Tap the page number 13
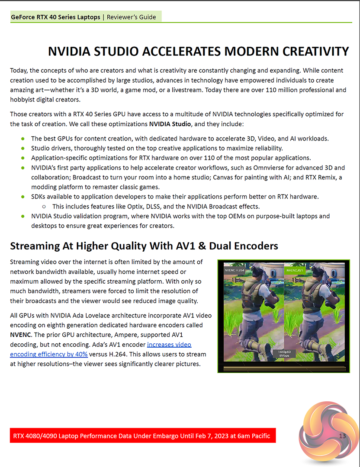point(342,436)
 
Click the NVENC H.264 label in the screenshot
point(234,270)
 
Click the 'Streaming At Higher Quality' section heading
point(144,246)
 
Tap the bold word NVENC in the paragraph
point(21,335)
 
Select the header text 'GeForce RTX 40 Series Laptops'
point(55,17)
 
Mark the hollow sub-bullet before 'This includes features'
point(44,207)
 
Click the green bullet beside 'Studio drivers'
point(22,148)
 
